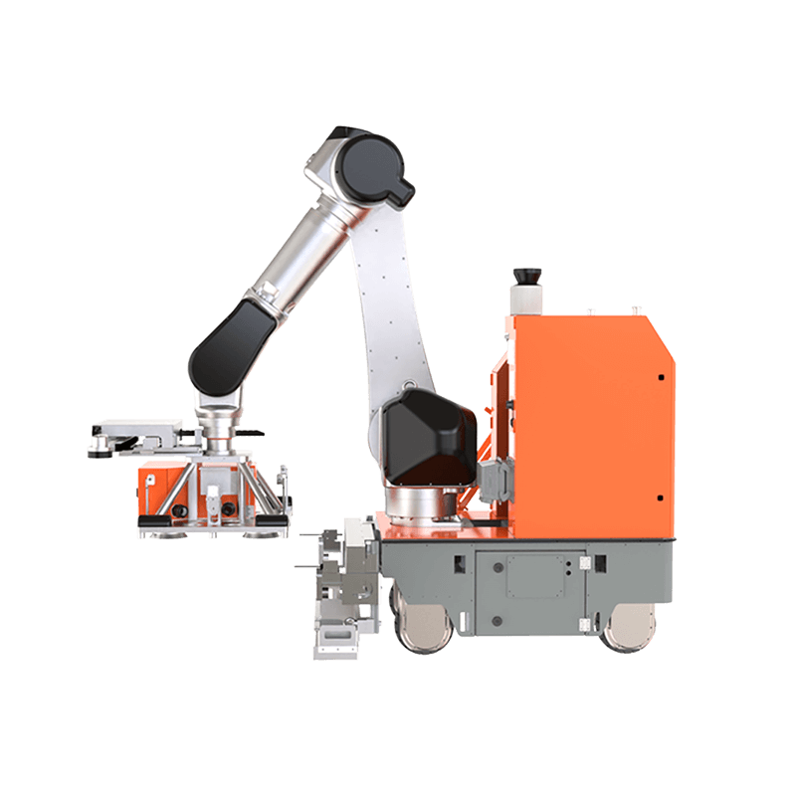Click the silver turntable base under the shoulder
click(x=418, y=501)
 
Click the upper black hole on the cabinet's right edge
click(x=661, y=377)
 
